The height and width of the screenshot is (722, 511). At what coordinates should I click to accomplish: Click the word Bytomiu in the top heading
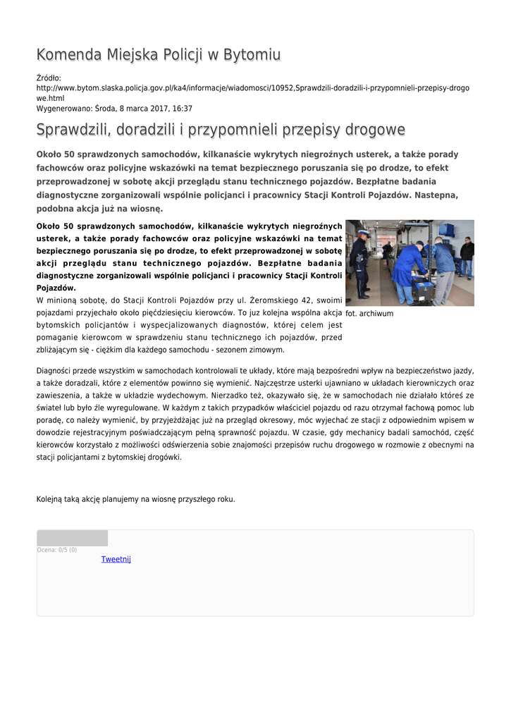pos(252,55)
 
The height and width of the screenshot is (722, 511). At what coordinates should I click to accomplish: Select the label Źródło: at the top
pos(49,78)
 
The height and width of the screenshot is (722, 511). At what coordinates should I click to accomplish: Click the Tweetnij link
pos(116,559)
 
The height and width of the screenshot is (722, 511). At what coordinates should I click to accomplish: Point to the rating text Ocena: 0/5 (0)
pos(56,550)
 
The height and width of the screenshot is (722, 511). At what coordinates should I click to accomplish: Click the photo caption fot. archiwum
pos(369,313)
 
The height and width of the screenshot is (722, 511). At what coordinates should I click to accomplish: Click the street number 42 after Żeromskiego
pos(295,300)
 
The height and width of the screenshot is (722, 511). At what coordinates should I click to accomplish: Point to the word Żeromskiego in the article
pos(260,300)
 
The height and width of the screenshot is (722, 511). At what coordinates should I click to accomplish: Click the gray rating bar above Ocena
pos(72,538)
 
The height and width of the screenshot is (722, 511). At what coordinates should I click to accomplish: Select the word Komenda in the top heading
pos(68,55)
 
